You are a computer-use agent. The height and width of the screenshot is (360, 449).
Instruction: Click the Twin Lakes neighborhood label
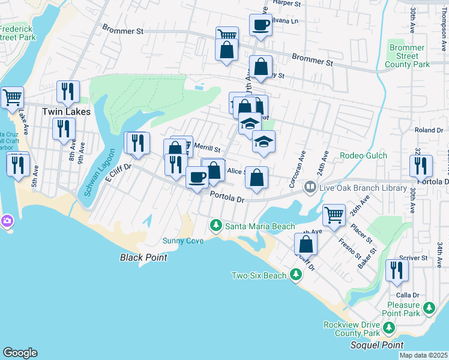click(x=66, y=112)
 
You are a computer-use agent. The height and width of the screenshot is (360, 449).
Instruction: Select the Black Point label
click(x=143, y=257)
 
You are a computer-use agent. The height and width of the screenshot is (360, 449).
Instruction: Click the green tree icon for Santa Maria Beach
click(x=215, y=226)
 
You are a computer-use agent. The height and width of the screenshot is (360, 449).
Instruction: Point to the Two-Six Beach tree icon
click(x=295, y=275)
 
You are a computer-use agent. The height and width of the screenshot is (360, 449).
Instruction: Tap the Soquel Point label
click(x=375, y=345)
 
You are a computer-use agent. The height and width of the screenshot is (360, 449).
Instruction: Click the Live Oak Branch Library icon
click(x=310, y=187)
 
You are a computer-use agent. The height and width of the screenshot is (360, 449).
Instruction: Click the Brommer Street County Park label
click(x=407, y=56)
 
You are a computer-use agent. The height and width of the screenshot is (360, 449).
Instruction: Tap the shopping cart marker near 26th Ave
click(x=334, y=214)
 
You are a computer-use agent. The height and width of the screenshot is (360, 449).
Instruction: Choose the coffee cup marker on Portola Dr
click(x=197, y=177)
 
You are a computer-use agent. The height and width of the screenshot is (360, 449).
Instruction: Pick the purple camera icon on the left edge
click(x=7, y=221)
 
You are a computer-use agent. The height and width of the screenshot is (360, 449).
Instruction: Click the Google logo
click(x=20, y=352)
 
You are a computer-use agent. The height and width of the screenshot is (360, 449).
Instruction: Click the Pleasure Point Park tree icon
click(x=429, y=308)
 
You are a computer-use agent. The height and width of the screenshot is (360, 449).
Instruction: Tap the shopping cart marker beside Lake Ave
click(x=12, y=97)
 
